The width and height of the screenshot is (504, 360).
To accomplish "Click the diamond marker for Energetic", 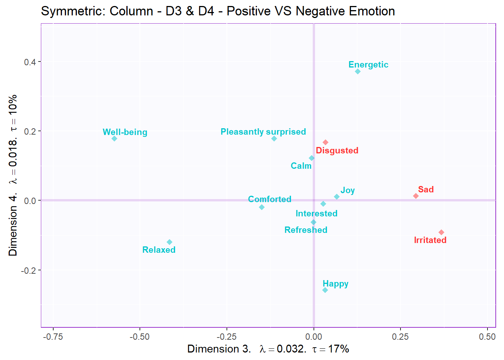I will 358,72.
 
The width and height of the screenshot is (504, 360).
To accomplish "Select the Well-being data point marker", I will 114,139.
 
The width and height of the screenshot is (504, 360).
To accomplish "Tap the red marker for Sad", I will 416,196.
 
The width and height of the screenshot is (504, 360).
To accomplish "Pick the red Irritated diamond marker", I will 441,232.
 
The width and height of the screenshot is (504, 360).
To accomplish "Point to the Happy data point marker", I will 325,290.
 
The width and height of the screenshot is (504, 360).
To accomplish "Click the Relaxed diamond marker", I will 169,242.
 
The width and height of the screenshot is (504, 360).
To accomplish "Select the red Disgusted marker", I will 325,142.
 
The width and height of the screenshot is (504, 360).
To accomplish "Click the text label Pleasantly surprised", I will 263,132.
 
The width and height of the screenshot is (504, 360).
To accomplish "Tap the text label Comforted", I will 270,199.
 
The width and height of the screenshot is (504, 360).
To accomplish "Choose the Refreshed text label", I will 306,230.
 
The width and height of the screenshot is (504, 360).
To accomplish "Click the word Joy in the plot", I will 348,190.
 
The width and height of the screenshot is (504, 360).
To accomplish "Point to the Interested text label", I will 316,214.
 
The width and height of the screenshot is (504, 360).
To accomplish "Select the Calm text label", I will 301,166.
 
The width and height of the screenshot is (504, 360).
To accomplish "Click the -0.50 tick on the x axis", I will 139,337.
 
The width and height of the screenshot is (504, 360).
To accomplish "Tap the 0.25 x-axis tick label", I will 400,337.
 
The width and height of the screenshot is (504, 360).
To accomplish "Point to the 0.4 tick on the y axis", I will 30,62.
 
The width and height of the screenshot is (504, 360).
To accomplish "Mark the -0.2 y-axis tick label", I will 28,270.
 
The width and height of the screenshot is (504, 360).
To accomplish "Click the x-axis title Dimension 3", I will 219,349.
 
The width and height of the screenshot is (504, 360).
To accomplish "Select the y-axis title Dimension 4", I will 13,225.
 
